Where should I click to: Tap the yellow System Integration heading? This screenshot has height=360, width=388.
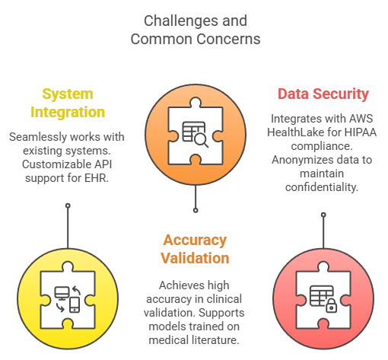pyautogui.click(x=68, y=103)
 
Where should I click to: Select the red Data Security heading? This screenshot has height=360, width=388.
pyautogui.click(x=323, y=94)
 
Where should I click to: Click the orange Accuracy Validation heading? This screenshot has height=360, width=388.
pyautogui.click(x=195, y=249)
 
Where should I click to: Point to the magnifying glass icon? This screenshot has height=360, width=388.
pyautogui.click(x=201, y=140)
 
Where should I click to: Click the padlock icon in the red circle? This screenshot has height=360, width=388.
pyautogui.click(x=331, y=305)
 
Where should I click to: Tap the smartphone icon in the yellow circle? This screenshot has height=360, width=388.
pyautogui.click(x=75, y=305)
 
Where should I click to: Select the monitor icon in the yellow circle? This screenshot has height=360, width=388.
pyautogui.click(x=62, y=294)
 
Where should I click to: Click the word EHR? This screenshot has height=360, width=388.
pyautogui.click(x=97, y=178)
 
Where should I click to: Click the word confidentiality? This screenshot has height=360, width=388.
pyautogui.click(x=322, y=187)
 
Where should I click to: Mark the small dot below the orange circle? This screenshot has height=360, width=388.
pyautogui.click(x=196, y=210)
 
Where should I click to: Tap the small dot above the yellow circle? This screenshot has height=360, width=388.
pyautogui.click(x=68, y=205)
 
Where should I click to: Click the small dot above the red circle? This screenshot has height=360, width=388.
pyautogui.click(x=323, y=215)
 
